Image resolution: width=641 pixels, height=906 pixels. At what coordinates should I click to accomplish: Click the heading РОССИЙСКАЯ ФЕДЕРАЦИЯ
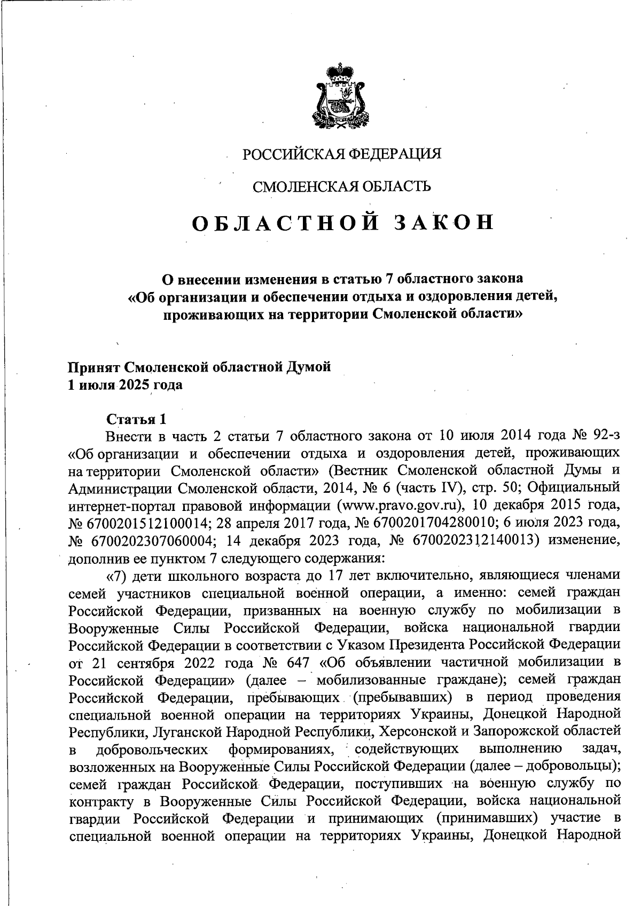[342, 154]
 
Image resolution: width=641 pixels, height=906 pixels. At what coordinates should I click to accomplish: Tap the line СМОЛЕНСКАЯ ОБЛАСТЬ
[341, 186]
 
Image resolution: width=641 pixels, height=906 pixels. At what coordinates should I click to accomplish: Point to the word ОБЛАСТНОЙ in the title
[286, 223]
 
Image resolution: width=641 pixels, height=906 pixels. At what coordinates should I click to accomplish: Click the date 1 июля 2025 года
[125, 385]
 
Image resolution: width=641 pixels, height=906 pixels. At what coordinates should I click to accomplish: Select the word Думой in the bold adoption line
[309, 368]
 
